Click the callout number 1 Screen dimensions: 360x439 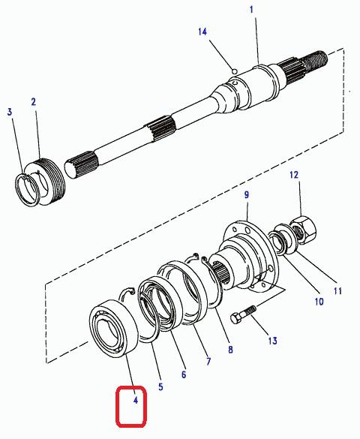tap(251, 10)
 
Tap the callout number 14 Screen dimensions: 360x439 tap(202, 32)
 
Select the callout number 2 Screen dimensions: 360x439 tap(34, 101)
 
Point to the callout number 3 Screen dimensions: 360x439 tap(10, 112)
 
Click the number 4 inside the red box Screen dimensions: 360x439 tap(136, 401)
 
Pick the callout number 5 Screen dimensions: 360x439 tap(160, 387)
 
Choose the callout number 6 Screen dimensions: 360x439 tap(184, 374)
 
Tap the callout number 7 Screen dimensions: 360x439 tap(208, 361)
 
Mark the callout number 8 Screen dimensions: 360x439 tap(230, 350)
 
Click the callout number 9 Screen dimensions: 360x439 tap(247, 194)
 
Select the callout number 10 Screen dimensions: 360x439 tap(319, 302)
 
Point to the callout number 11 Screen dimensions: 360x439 tap(338, 291)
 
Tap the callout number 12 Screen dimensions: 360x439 tap(294, 176)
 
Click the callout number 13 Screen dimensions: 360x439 tap(273, 341)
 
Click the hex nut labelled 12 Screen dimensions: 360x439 tap(304, 230)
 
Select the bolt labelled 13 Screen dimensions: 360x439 tap(243, 314)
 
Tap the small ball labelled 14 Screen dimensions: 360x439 tap(235, 71)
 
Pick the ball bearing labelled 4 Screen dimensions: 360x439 tap(113, 328)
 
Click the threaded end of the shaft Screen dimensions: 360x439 tap(318, 60)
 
